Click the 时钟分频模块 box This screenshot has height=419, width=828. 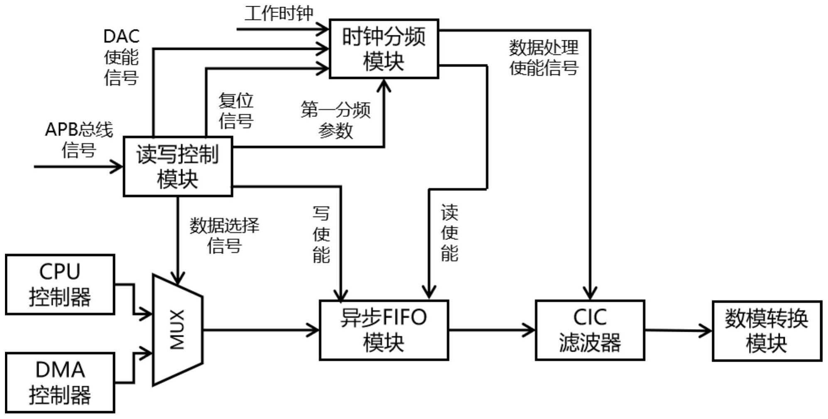384,49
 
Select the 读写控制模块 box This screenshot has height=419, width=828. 178,166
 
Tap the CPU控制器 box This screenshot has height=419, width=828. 60,284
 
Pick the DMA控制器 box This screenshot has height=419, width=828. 60,382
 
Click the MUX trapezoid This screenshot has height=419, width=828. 178,330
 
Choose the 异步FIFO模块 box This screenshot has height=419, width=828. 384,330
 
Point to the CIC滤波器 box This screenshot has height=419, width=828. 590,330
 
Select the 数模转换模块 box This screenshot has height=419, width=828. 767,331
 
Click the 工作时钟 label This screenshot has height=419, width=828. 279,13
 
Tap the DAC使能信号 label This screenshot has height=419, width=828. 121,57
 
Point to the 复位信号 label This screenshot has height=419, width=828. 236,110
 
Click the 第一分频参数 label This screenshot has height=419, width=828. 336,120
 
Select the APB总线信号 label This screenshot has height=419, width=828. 79,140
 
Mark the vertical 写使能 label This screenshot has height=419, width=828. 321,234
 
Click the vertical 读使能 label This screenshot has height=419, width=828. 449,233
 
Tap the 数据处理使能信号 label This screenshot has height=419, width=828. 544,57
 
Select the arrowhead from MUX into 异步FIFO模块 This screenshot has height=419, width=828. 313,330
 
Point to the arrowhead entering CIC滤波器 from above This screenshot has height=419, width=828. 590,293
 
